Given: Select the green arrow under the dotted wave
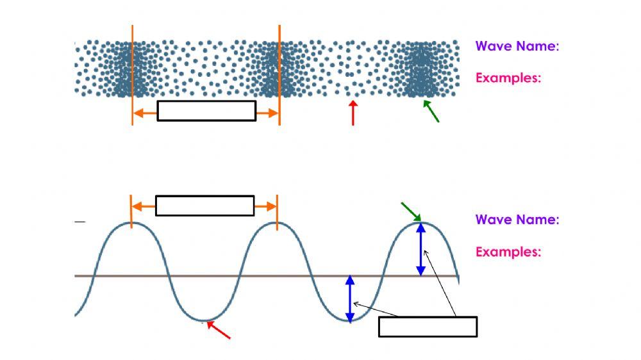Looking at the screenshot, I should click(431, 111).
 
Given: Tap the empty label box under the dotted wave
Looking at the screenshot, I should click(206, 111).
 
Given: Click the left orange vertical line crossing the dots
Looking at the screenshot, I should click(133, 70).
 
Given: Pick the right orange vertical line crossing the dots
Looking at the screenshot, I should click(279, 70).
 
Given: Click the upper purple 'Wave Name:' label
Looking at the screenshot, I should click(517, 46).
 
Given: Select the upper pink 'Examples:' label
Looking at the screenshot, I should click(508, 78).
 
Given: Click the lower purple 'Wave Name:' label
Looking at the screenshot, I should click(517, 220).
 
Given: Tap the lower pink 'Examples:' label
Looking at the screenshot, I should click(508, 252).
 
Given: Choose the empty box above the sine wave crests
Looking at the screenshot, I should click(205, 206).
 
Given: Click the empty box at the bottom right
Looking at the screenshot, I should click(428, 327).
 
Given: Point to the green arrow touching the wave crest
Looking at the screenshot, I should click(410, 212).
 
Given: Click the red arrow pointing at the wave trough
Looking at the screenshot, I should click(218, 330).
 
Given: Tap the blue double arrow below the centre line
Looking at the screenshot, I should click(350, 299).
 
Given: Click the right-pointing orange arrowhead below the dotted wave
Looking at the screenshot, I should click(274, 113).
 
